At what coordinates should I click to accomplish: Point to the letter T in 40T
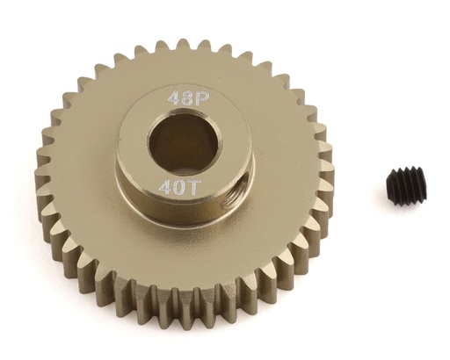(x=195, y=186)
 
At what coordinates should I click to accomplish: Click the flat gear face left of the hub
(x=79, y=176)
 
